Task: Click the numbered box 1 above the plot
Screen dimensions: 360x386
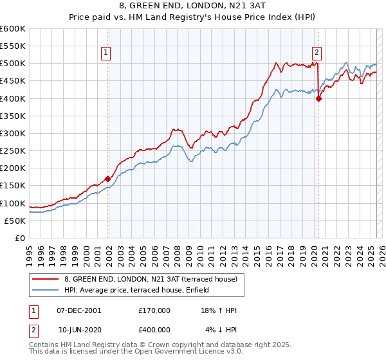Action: coord(106,53)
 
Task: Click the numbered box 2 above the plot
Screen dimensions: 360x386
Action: coord(317,53)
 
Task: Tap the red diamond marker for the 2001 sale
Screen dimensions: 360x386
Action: coord(107,179)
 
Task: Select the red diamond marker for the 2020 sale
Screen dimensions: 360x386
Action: coord(318,98)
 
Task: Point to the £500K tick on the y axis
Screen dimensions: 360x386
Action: coord(13,64)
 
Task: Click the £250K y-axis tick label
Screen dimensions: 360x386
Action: coord(13,151)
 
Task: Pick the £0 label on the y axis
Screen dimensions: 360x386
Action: coord(20,238)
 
